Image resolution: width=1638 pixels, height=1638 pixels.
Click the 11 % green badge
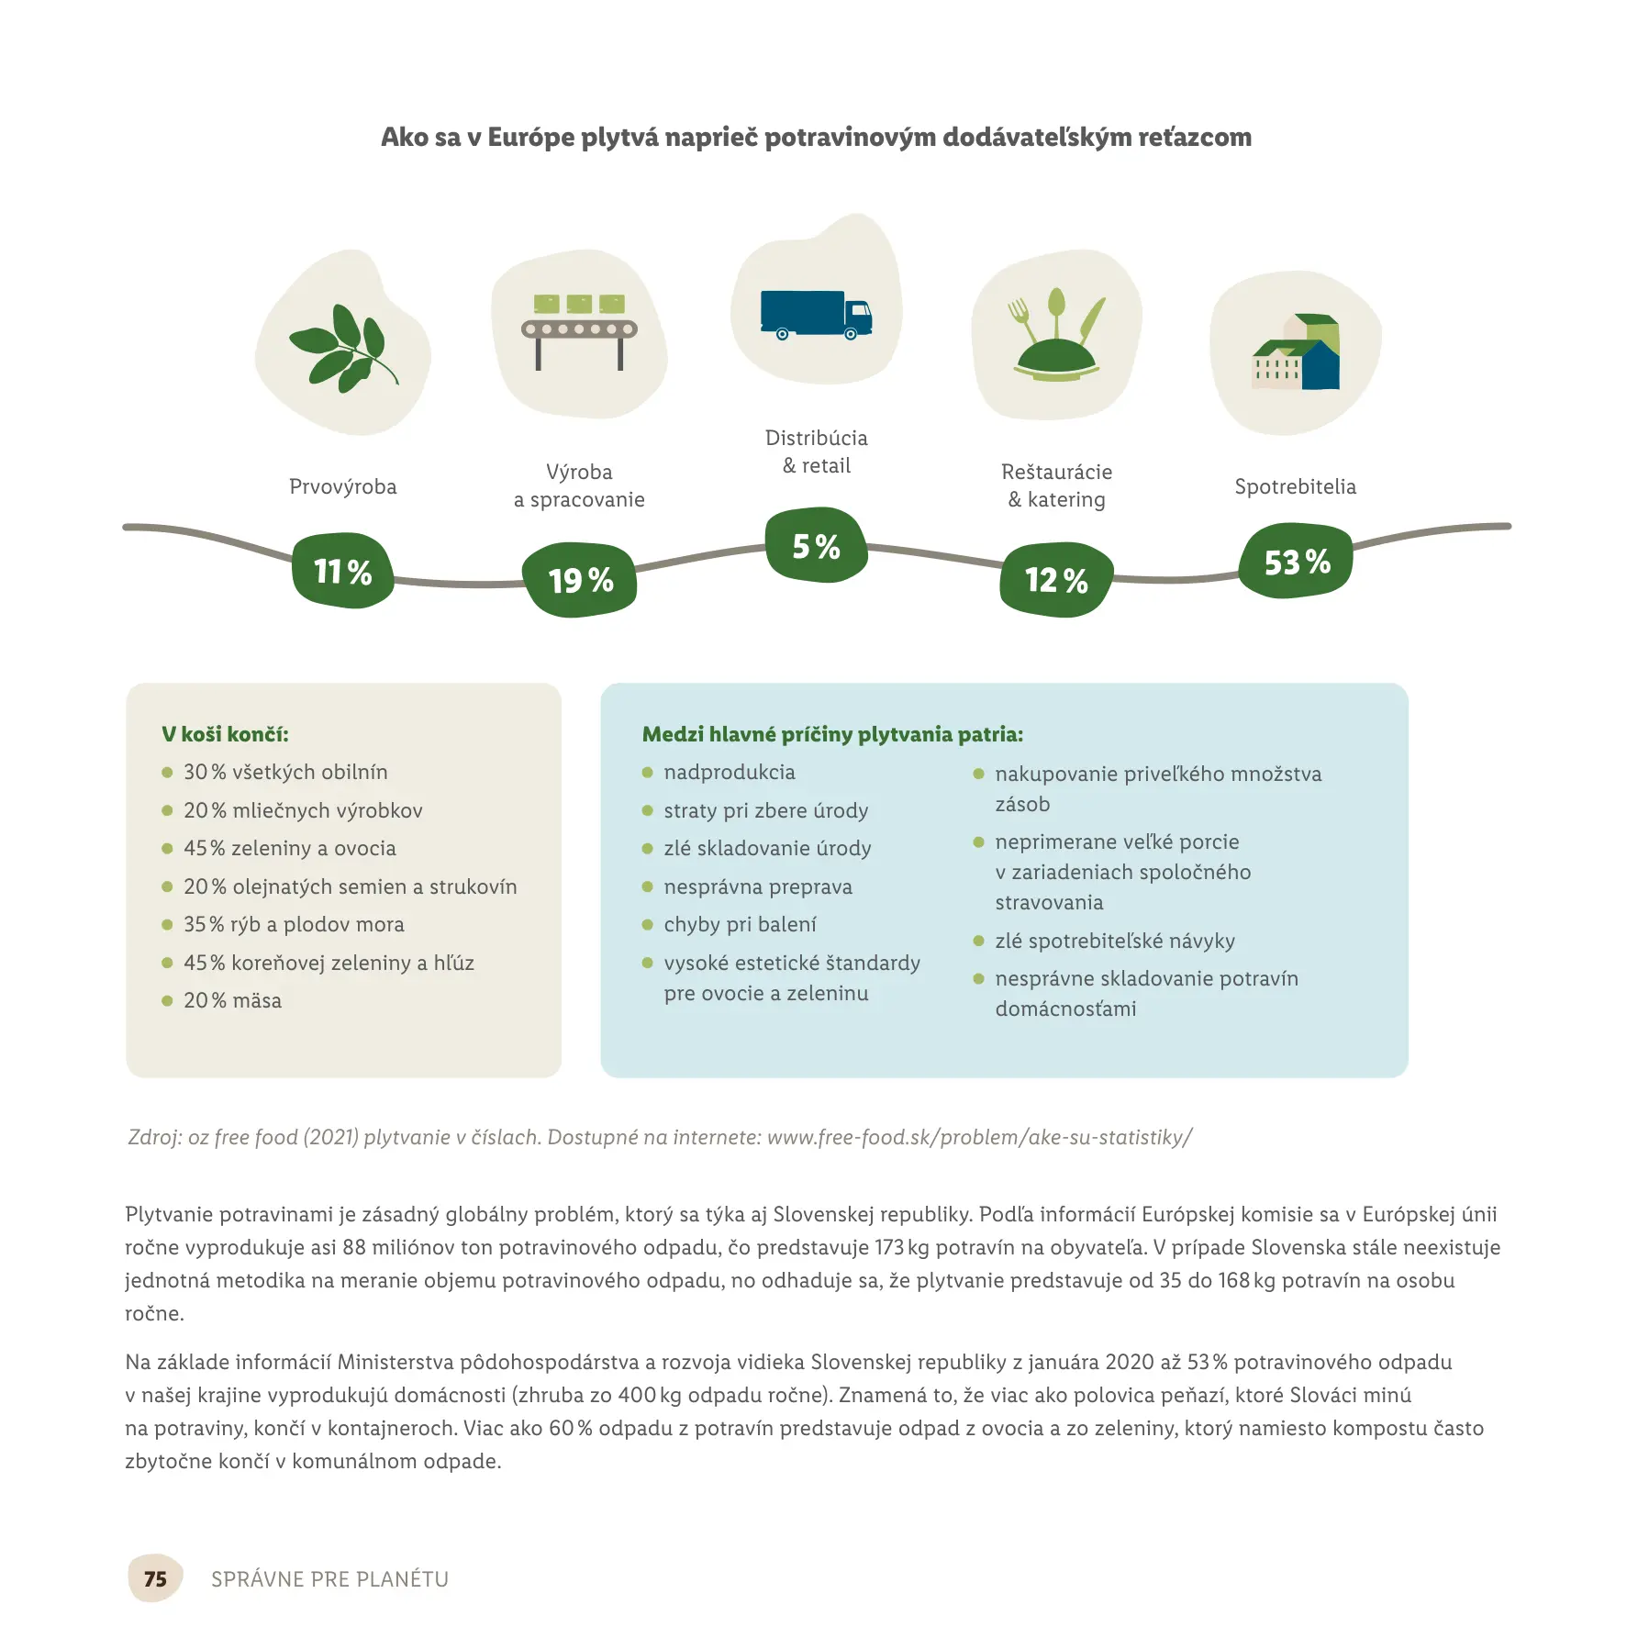point(342,571)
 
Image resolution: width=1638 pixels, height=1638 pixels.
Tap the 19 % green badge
point(580,580)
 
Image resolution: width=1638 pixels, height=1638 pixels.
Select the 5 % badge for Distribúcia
point(816,546)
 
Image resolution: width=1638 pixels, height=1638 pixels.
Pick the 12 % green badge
point(1056,580)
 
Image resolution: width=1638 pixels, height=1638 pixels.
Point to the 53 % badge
point(1296,562)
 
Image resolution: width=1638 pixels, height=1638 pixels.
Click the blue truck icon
point(816,315)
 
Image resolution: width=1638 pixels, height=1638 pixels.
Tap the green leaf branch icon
point(342,347)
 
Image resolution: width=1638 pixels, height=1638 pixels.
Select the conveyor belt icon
point(579,330)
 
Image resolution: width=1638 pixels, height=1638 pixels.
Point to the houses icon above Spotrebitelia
point(1296,352)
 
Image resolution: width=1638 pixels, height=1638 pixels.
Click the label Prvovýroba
point(342,486)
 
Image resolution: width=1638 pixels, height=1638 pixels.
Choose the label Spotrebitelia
point(1295,486)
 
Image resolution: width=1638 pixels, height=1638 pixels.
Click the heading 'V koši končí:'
point(225,734)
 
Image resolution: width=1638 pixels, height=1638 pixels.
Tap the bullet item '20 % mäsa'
point(232,1000)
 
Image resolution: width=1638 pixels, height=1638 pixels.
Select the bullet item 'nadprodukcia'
point(730,772)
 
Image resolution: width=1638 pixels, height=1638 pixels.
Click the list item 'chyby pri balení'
point(740,924)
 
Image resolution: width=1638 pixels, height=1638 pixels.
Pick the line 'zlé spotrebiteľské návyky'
point(1115,941)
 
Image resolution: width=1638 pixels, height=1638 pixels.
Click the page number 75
point(155,1578)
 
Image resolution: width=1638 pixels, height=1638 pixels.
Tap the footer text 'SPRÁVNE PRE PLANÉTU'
point(329,1578)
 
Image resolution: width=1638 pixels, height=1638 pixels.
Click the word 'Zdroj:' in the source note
point(154,1137)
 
